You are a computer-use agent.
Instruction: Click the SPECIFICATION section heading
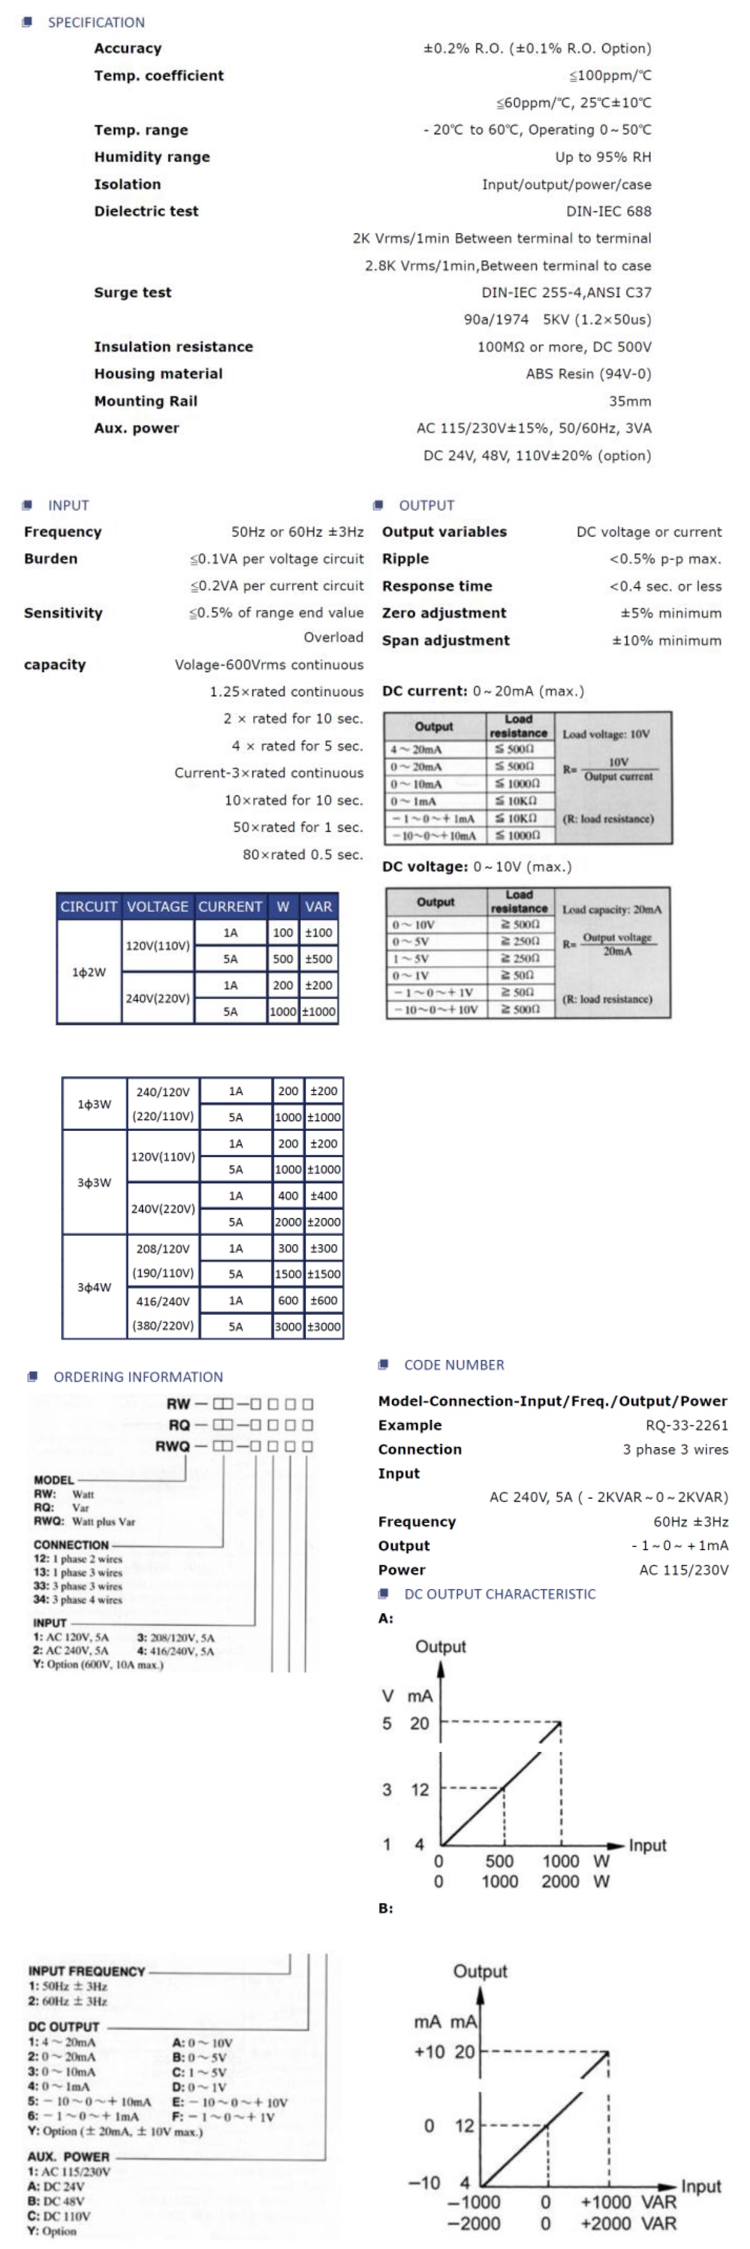(96, 22)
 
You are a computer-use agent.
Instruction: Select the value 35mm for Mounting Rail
(630, 401)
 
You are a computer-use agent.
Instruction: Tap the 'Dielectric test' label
(146, 211)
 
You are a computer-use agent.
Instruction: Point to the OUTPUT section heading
(426, 505)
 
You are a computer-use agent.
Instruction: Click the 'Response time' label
(436, 586)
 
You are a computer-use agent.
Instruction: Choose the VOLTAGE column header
(157, 906)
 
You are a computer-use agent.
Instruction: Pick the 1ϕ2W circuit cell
(89, 972)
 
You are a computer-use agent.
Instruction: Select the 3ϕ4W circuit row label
(94, 1287)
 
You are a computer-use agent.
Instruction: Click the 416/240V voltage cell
(163, 1301)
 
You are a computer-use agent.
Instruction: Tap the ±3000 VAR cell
(323, 1326)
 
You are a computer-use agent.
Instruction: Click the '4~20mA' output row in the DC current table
(417, 749)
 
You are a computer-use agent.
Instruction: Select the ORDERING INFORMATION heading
(138, 1377)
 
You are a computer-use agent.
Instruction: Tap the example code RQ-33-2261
(686, 1425)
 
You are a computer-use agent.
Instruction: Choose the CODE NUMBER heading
(453, 1364)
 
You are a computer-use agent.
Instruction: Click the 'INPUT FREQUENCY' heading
(87, 1970)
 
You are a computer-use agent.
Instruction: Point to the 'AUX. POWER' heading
(68, 2155)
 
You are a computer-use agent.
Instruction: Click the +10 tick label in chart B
(429, 2051)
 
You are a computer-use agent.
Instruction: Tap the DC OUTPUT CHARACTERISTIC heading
(499, 1594)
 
